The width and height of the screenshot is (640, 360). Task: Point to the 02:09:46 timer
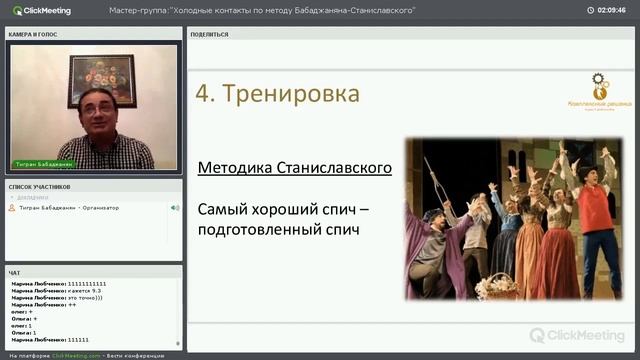pos(611,10)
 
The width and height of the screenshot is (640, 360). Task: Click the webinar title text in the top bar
pos(262,10)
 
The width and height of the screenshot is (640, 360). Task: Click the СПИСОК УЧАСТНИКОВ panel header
pos(39,187)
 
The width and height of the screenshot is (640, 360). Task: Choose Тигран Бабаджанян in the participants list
pos(47,208)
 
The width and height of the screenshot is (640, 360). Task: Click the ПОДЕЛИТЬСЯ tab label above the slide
pos(209,34)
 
